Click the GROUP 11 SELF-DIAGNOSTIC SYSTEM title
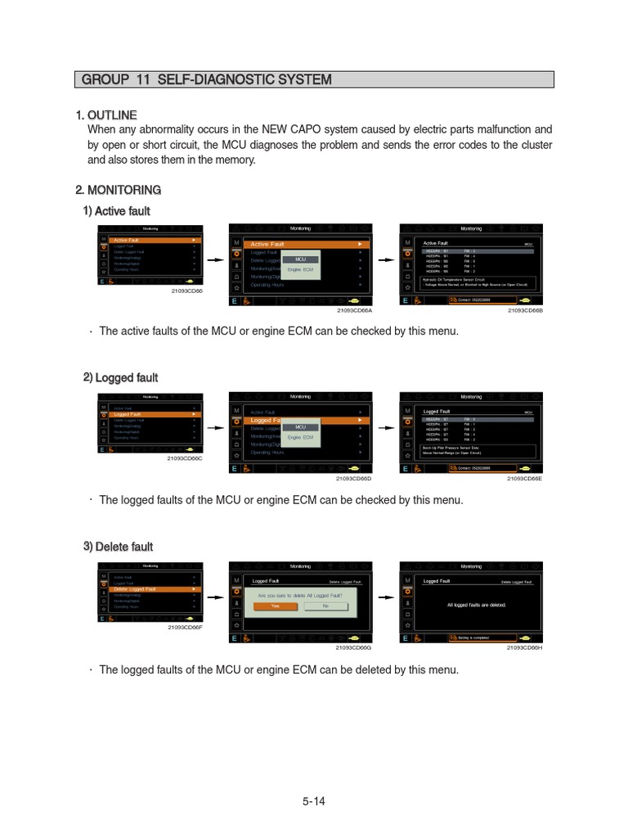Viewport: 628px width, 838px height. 206,79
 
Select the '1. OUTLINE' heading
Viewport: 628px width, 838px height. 106,115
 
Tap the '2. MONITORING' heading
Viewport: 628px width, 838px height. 118,190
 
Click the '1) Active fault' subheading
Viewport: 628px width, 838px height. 116,211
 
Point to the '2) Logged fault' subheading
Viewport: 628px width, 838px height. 120,377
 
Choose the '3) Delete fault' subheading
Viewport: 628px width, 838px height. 118,547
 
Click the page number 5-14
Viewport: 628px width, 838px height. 313,801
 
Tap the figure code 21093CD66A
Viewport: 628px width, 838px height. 354,310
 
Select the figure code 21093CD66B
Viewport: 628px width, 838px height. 525,310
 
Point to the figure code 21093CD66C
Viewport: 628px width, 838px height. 185,458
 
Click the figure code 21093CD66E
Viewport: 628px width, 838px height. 525,478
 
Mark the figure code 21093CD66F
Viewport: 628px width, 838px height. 185,627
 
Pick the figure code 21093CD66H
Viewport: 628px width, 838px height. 525,647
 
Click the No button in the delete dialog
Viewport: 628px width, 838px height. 325,606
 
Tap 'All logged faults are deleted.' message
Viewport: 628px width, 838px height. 477,605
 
